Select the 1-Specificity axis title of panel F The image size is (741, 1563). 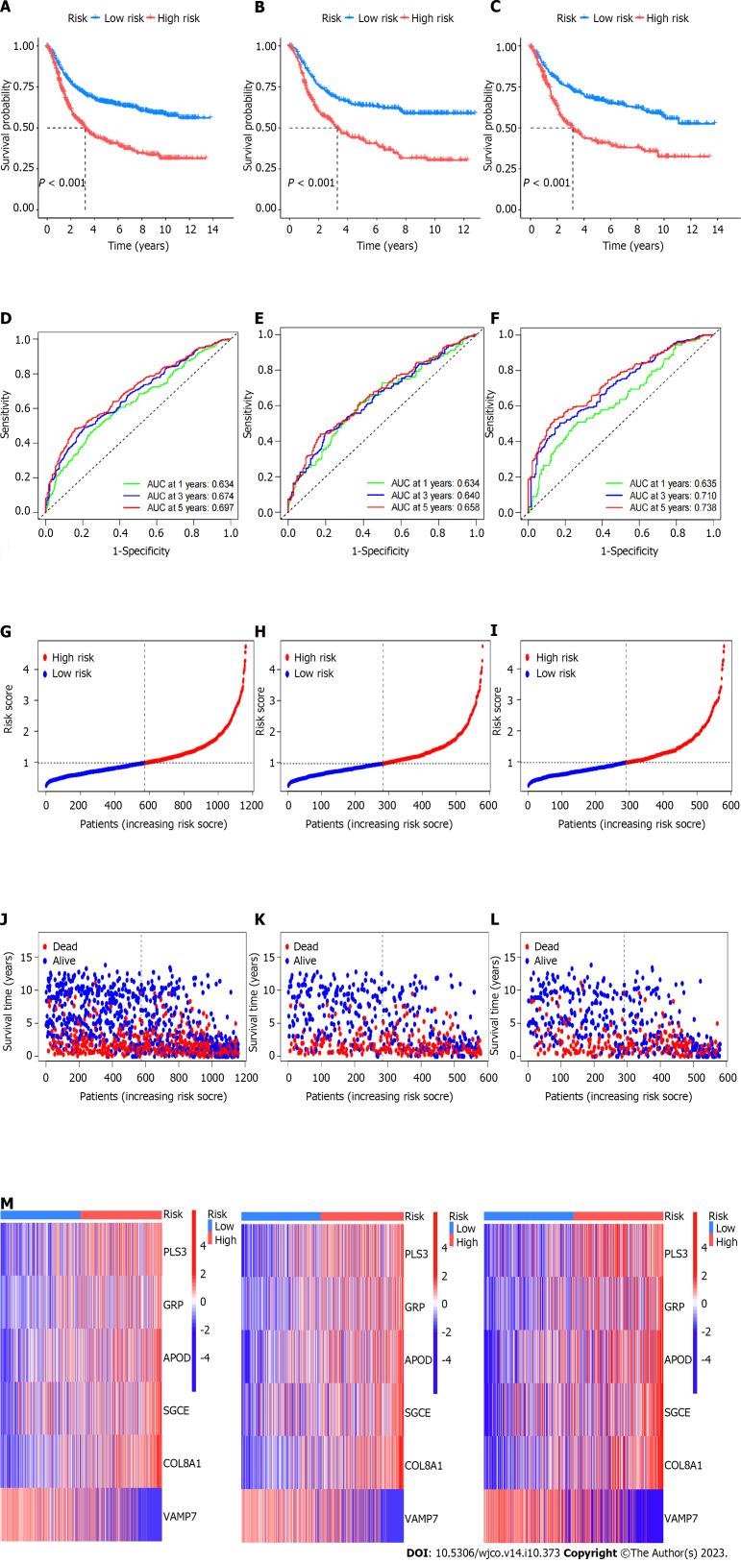626,550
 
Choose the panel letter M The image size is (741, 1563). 8,1204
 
